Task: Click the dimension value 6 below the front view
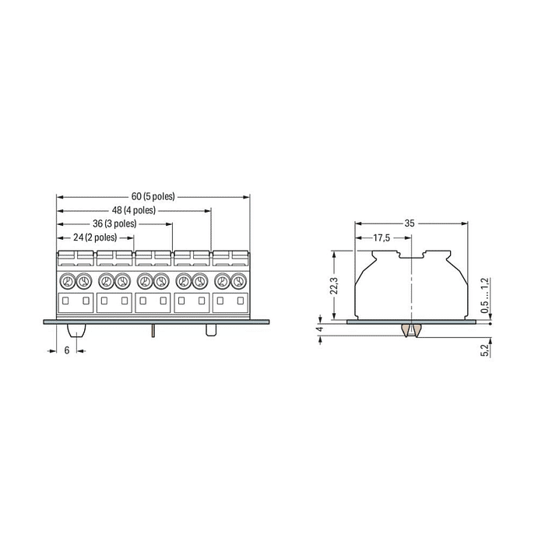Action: point(67,351)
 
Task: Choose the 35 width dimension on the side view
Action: point(410,223)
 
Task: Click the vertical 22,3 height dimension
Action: point(334,286)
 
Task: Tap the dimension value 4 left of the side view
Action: point(319,329)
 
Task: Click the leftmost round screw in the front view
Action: point(66,281)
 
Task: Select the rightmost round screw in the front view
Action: point(238,281)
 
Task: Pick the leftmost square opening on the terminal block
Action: point(66,301)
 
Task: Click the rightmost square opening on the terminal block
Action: point(238,301)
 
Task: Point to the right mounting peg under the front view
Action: point(209,329)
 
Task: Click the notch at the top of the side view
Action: point(410,254)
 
